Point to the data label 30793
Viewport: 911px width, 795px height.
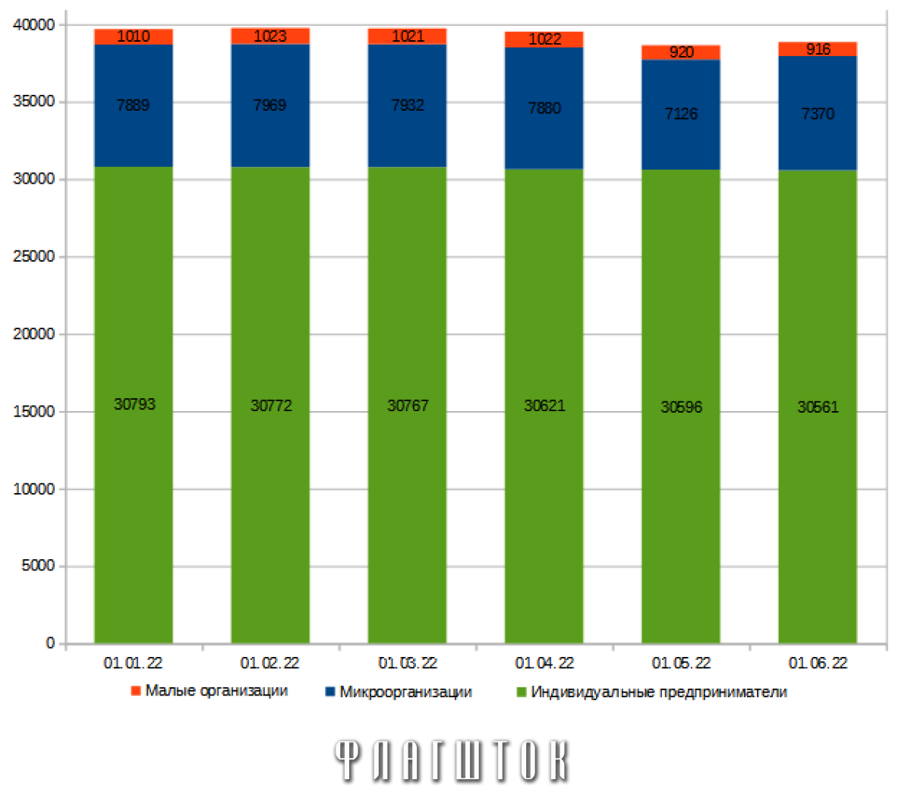134,404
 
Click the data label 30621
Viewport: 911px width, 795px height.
544,406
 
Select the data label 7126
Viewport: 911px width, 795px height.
681,114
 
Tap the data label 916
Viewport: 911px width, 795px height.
818,49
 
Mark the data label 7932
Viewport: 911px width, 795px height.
408,105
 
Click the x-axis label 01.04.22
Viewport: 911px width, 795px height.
544,663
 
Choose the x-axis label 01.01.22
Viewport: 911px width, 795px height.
133,663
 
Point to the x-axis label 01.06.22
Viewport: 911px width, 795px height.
818,663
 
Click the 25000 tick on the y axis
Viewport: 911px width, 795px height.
34,256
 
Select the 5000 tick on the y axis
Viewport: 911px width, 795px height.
38,566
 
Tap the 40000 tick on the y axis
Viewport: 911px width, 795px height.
34,25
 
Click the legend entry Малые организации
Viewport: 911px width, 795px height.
216,691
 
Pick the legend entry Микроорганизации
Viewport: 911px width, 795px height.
405,692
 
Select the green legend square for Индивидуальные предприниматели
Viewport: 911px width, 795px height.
521,692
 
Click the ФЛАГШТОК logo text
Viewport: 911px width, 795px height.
452,760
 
